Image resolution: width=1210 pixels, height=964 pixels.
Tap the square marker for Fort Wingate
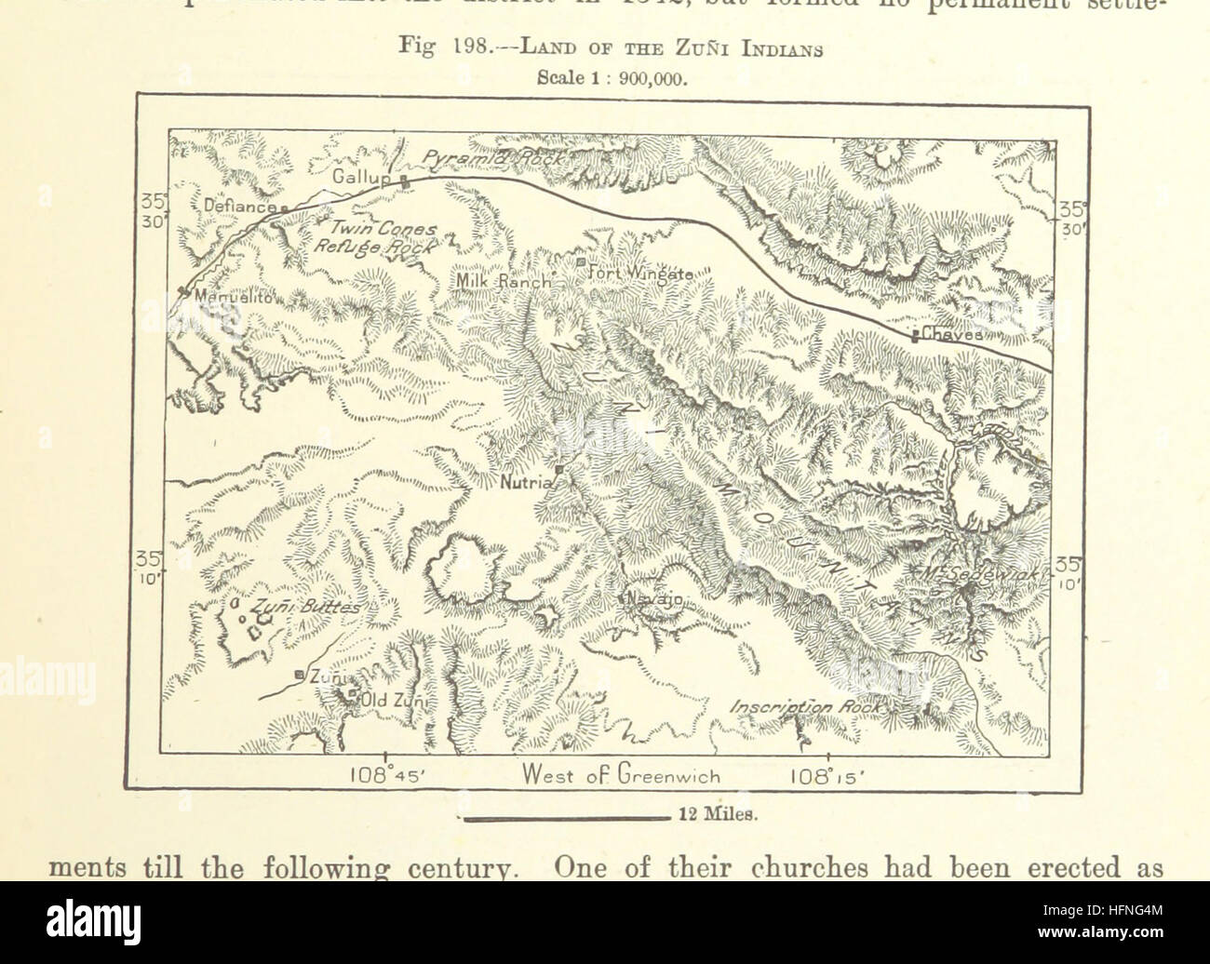click(581, 263)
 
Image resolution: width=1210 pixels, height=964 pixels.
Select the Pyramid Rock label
click(492, 160)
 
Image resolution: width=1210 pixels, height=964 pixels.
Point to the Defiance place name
click(238, 208)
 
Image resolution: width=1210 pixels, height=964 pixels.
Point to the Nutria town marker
click(558, 471)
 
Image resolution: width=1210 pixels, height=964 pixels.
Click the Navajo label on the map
click(655, 599)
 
